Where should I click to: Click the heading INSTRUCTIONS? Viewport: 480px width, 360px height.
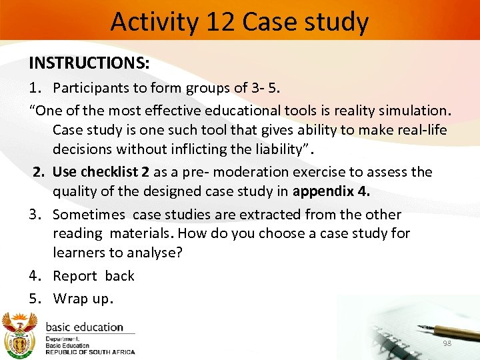pos(89,63)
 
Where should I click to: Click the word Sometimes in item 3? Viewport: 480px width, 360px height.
pos(89,214)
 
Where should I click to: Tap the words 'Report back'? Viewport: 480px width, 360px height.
pos(93,276)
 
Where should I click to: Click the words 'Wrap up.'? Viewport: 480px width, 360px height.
pos(83,298)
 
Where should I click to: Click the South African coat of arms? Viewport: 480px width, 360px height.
pos(21,336)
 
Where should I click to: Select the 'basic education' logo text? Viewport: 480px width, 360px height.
pos(84,327)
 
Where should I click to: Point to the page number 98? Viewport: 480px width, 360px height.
pos(447,343)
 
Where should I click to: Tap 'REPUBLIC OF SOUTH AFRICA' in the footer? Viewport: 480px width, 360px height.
pos(90,352)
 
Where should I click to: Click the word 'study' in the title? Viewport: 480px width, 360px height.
pos(336,21)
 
